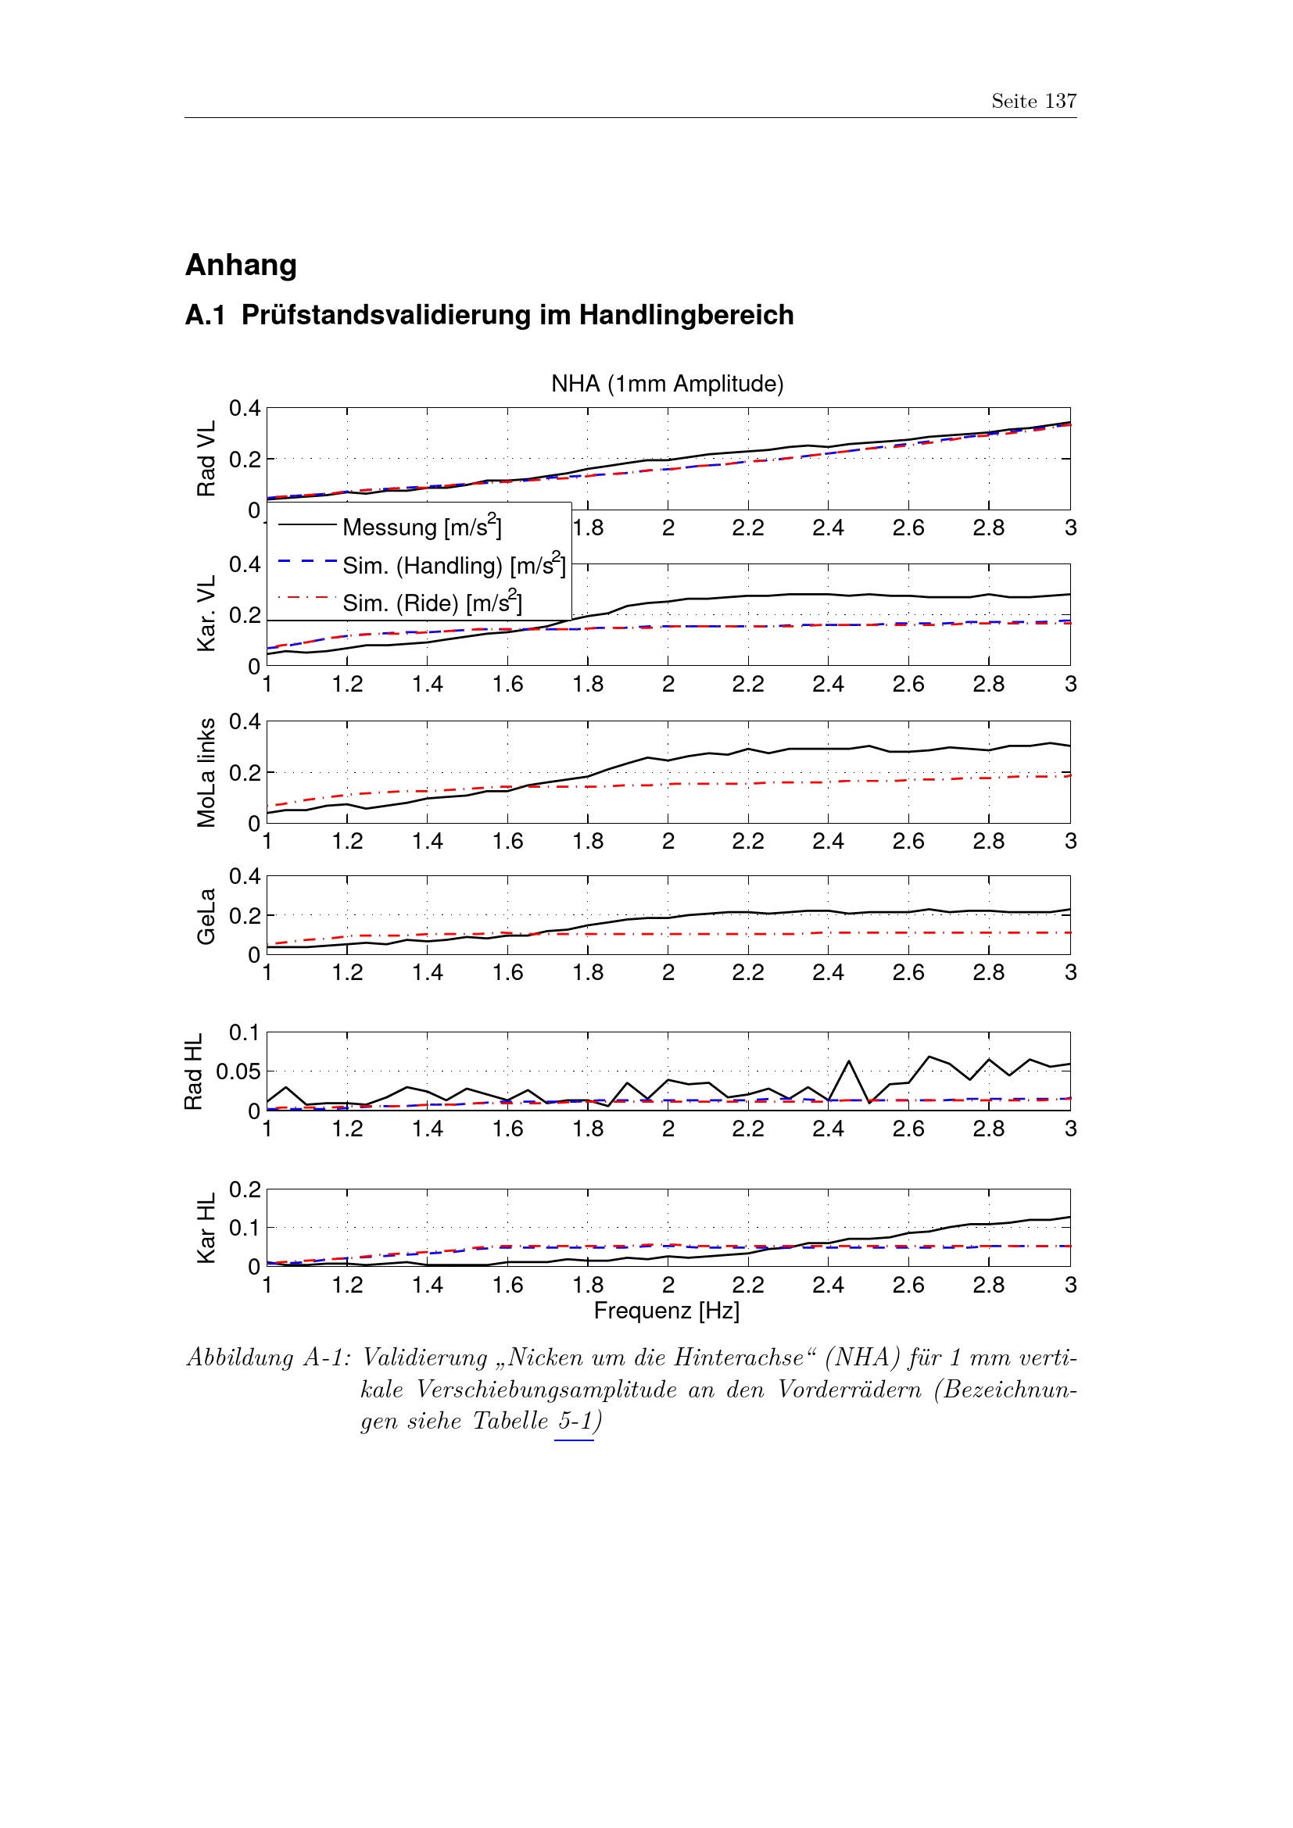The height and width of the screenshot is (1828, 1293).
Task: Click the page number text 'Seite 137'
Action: pos(1033,101)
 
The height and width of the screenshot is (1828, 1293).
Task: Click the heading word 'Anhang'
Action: pos(242,265)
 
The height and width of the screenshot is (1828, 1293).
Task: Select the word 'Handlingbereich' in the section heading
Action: pos(686,315)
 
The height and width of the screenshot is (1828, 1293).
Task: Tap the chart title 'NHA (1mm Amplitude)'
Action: pos(667,384)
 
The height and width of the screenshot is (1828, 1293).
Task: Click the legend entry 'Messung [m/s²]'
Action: pos(422,527)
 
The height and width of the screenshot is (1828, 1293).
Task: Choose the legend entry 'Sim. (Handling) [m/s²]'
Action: pos(454,565)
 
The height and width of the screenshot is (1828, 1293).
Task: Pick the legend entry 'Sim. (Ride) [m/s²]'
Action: pos(432,603)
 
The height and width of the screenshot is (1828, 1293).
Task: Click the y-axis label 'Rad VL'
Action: pos(206,460)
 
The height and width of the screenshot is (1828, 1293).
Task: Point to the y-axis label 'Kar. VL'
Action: pos(206,614)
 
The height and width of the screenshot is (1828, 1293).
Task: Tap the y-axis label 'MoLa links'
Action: pos(206,772)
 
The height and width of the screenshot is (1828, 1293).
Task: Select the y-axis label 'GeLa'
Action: pos(206,916)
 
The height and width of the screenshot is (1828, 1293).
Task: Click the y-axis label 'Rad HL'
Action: pos(193,1071)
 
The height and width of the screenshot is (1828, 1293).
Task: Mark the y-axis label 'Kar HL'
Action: pos(206,1228)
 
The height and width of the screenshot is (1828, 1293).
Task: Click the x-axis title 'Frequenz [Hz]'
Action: pos(666,1311)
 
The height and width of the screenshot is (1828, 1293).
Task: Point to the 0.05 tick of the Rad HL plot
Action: pos(238,1071)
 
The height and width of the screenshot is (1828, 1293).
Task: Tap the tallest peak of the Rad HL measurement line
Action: pos(929,1057)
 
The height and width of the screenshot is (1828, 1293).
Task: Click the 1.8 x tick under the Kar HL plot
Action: pos(588,1285)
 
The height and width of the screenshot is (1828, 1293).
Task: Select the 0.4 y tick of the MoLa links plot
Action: pos(245,721)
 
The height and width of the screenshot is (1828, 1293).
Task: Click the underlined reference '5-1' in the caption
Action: pos(575,1421)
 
